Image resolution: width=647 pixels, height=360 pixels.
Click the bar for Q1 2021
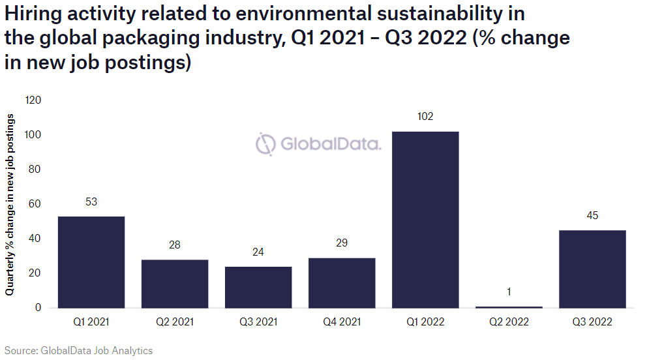pyautogui.click(x=91, y=262)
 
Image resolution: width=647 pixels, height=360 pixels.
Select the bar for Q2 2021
pyautogui.click(x=175, y=284)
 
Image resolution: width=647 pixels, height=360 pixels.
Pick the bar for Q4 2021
pyautogui.click(x=342, y=283)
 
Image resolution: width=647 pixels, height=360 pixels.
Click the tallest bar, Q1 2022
pyautogui.click(x=425, y=220)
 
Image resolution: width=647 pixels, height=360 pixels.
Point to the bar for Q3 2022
pyautogui.click(x=592, y=269)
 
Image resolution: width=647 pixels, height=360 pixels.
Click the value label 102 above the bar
pyautogui.click(x=425, y=117)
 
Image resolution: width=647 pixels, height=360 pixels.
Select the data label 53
pyautogui.click(x=91, y=202)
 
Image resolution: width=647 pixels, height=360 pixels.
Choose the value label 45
pyautogui.click(x=592, y=216)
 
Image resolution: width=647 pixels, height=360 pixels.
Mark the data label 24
pyautogui.click(x=258, y=252)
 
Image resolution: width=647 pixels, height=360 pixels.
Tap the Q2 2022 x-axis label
pyautogui.click(x=509, y=322)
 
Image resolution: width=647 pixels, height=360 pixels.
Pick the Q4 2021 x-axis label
pyautogui.click(x=342, y=322)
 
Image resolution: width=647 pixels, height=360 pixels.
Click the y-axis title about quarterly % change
pyautogui.click(x=10, y=204)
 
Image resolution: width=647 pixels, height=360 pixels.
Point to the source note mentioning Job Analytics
pyautogui.click(x=78, y=351)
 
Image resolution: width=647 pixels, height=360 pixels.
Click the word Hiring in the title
pyautogui.click(x=32, y=13)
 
